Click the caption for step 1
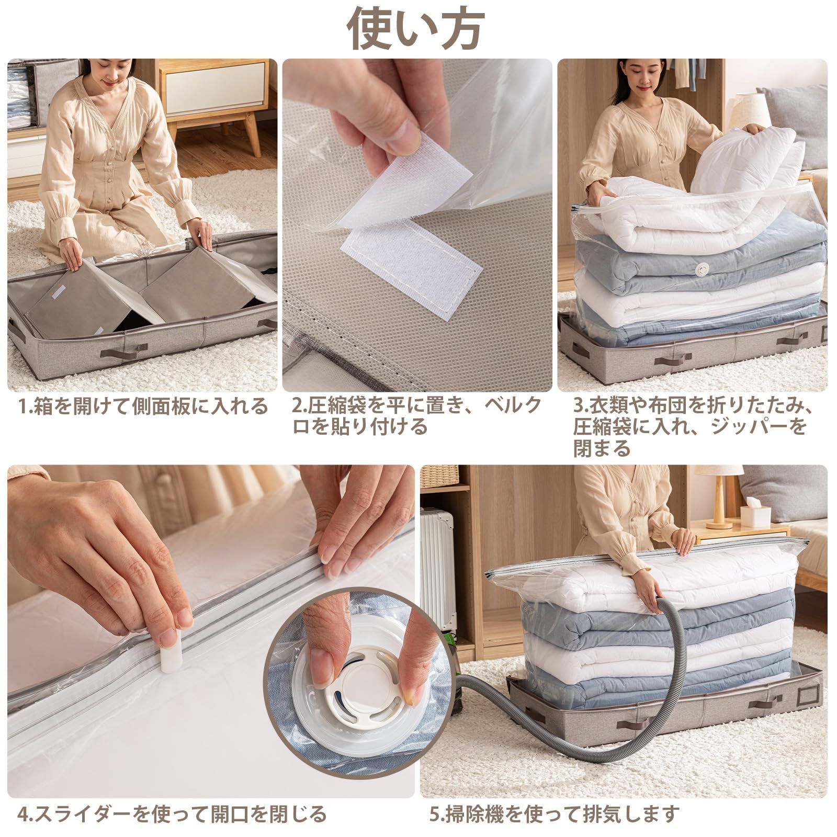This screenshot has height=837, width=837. (x=143, y=406)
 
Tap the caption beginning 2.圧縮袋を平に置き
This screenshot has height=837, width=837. (x=417, y=416)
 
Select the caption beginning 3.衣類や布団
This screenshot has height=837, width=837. (x=694, y=427)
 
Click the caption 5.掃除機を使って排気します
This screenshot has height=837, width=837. (x=555, y=813)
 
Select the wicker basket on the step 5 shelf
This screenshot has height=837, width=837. (x=439, y=476)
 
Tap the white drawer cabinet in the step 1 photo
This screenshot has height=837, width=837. (x=214, y=92)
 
